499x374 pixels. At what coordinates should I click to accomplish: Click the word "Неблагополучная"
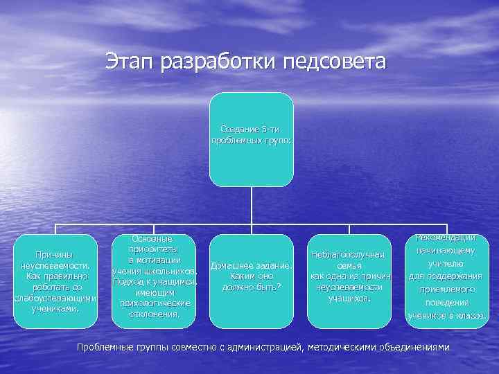coord(348,256)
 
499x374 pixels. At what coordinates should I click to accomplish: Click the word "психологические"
coord(154,303)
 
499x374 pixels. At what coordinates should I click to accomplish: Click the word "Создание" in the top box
coord(240,130)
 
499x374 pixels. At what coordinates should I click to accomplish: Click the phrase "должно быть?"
coord(252,287)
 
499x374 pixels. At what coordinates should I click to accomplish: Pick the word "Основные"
coord(154,238)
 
